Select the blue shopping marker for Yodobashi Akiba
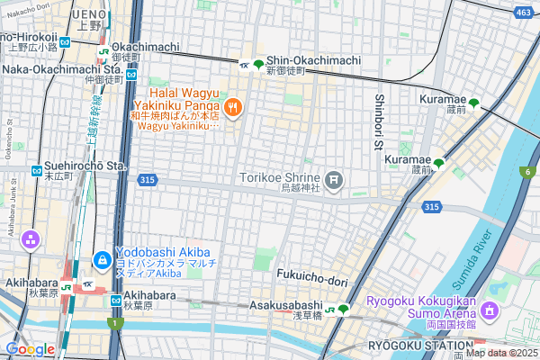click(x=103, y=261)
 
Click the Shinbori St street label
click(x=380, y=122)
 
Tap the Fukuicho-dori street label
click(x=312, y=281)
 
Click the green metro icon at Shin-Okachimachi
click(x=259, y=64)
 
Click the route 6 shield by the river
click(x=524, y=172)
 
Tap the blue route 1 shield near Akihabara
click(x=114, y=323)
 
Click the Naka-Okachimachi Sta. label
click(x=61, y=68)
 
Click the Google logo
click(x=30, y=348)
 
